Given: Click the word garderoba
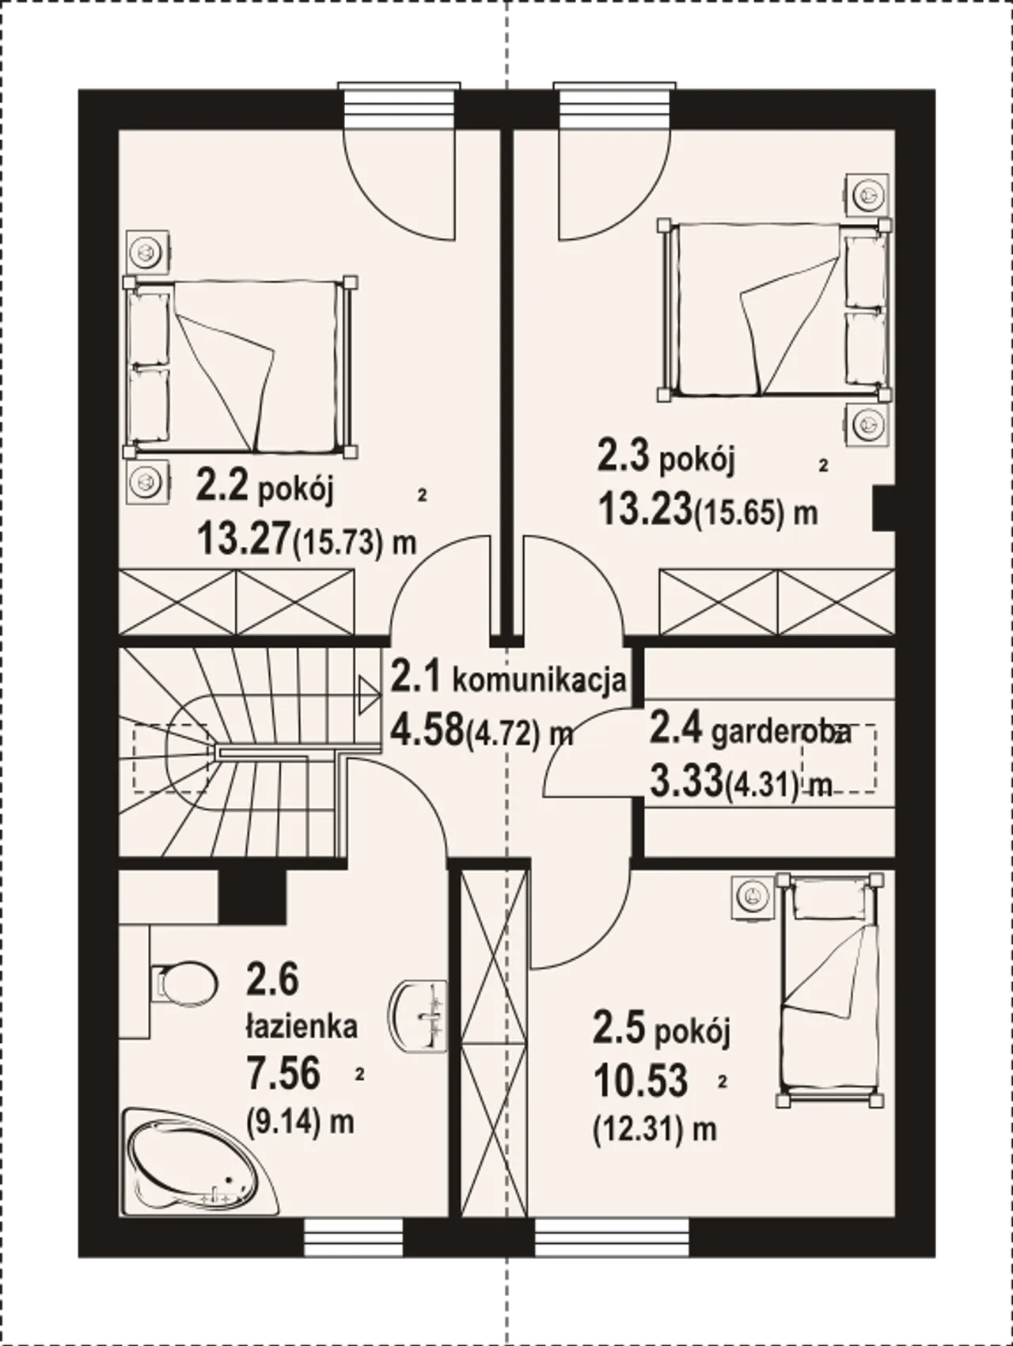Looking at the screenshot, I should pyautogui.click(x=780, y=733).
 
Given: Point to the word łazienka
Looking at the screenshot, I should pyautogui.click(x=300, y=1027).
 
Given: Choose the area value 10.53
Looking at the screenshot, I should pyautogui.click(x=640, y=1080).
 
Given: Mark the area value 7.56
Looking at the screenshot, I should pyautogui.click(x=284, y=1074).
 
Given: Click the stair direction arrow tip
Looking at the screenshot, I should pyautogui.click(x=378, y=694).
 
